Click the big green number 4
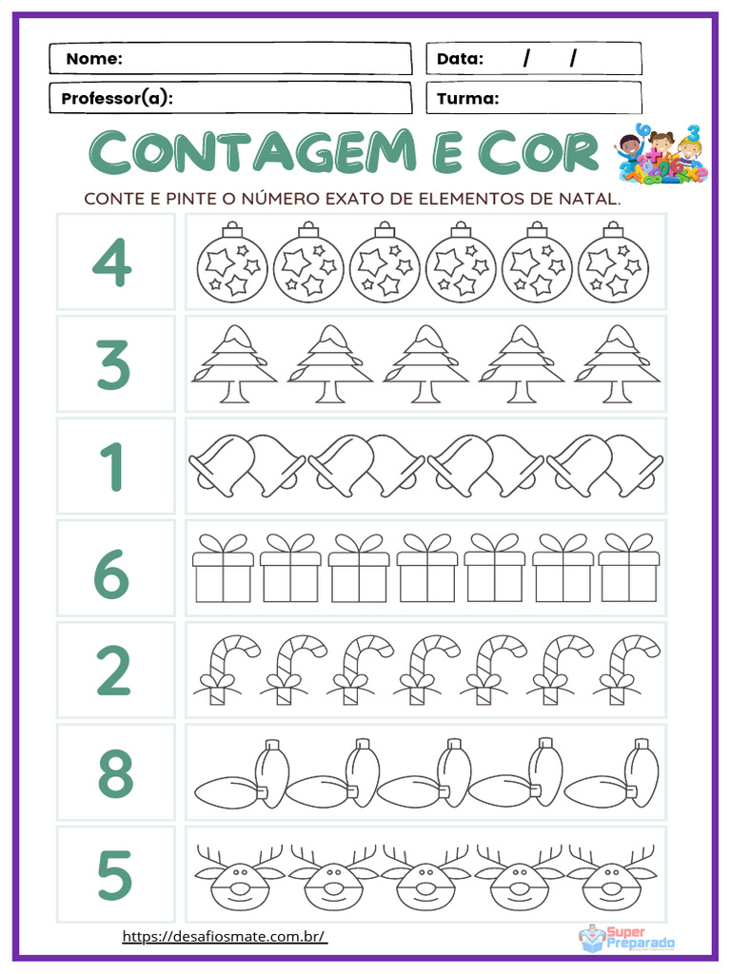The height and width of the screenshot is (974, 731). pos(112,262)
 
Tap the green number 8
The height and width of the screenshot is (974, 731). pos(114,772)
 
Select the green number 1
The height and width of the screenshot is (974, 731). pos(112,466)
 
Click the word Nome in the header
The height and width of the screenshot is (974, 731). pos(94,59)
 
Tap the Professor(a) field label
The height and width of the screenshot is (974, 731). pos(116,99)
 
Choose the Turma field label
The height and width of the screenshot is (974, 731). pos(467,99)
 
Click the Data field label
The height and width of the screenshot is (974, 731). pos(460,59)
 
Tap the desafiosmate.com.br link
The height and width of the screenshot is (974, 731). pos(225,937)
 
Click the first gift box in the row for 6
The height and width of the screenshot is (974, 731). pos(224,568)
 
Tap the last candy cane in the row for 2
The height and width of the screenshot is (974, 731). pos(626,671)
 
